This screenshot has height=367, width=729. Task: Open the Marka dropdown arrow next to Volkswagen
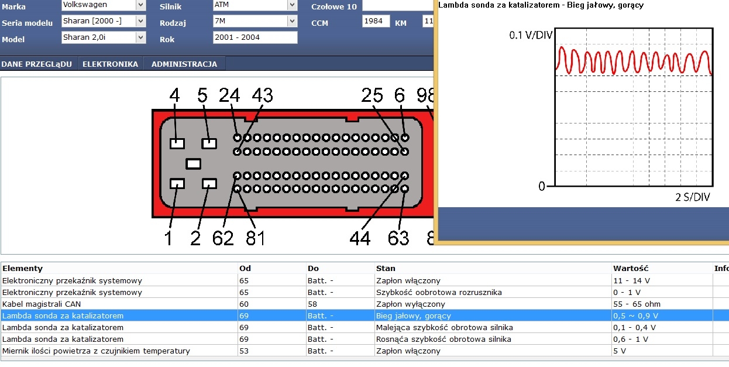pyautogui.click(x=140, y=5)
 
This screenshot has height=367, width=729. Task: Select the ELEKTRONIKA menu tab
pyautogui.click(x=111, y=64)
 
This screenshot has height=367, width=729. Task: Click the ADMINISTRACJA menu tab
pyautogui.click(x=184, y=64)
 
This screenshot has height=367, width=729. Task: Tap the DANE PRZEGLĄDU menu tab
pyautogui.click(x=36, y=64)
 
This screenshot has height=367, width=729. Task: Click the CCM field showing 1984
pyautogui.click(x=376, y=21)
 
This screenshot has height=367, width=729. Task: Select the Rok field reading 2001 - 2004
pyautogui.click(x=255, y=37)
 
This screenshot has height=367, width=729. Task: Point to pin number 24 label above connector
pyautogui.click(x=229, y=95)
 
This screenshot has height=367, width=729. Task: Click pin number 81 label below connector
pyautogui.click(x=256, y=238)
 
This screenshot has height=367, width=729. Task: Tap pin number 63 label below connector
pyautogui.click(x=398, y=238)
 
